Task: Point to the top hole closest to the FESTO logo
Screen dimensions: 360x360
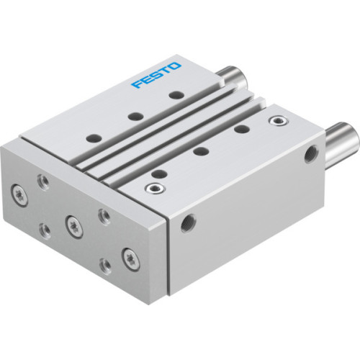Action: tap(174, 94)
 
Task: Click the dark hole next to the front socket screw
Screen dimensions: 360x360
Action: tap(158, 173)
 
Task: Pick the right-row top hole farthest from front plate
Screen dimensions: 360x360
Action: tap(240, 130)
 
